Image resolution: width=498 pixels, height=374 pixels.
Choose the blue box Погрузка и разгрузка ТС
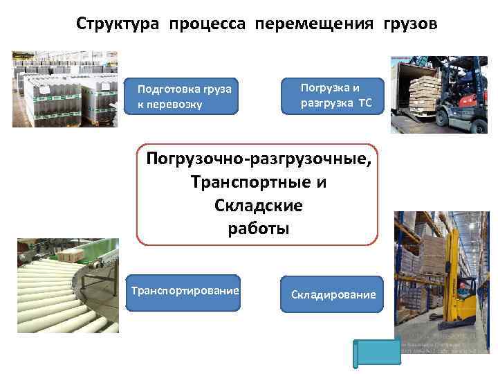333,96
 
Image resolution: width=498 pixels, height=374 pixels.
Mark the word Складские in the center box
259,206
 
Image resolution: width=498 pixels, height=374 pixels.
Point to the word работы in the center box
258,229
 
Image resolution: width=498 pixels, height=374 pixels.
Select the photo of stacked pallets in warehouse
65,89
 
